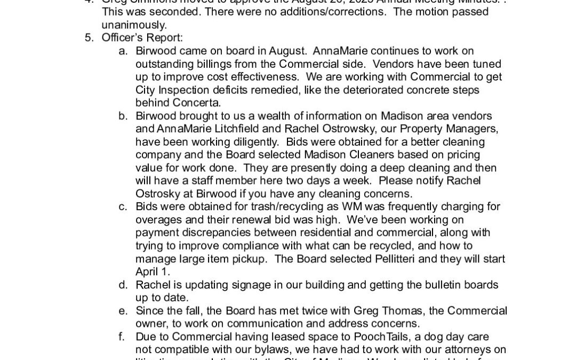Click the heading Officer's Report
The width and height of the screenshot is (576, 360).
coord(134,38)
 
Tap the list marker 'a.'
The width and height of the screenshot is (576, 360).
coord(123,51)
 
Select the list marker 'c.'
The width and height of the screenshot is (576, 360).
coord(123,206)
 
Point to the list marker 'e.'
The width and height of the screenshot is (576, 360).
coord(123,310)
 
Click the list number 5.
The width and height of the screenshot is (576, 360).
coord(89,38)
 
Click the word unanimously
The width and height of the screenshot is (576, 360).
coord(134,25)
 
